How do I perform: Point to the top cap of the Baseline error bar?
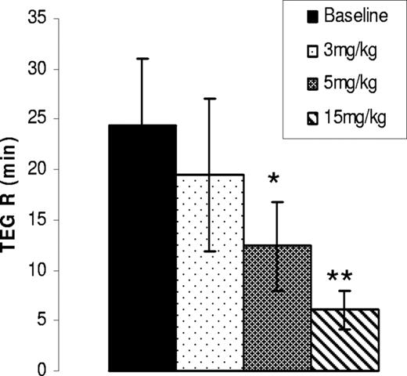tap(142, 59)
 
